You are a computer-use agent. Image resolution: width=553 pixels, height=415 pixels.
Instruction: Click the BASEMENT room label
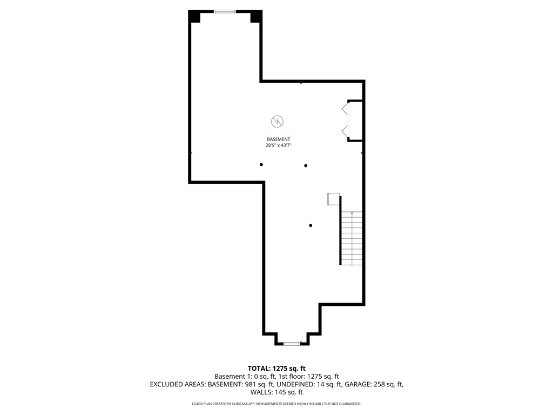278,139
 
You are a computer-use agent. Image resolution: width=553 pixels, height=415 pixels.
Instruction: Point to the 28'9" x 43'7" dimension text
278,145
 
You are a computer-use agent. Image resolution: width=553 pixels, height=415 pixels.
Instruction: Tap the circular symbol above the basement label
278,121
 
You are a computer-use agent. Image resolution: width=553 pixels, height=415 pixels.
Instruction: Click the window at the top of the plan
225,11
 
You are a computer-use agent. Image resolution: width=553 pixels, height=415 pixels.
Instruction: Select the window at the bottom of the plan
292,343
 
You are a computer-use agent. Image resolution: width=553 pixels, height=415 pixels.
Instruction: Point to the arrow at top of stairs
352,214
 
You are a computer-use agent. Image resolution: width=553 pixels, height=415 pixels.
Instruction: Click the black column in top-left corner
194,17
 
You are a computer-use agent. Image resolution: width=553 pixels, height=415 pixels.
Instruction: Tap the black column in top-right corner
256,17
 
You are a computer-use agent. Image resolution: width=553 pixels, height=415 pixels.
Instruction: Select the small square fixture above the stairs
333,199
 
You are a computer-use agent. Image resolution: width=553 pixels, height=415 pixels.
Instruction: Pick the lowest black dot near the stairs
311,225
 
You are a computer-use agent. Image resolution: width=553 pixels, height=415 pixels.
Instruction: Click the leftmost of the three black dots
261,164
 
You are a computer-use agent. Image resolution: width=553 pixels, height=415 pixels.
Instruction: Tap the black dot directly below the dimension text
306,165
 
